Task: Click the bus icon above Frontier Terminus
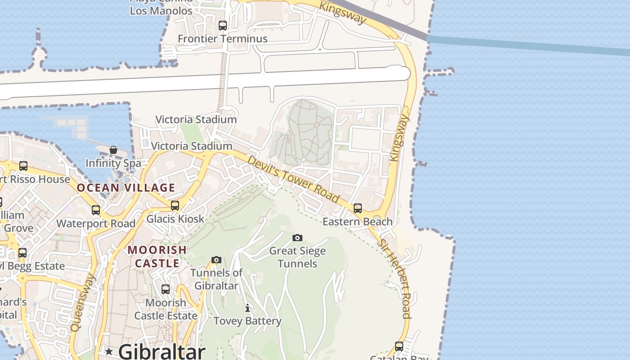pyautogui.click(x=222, y=26)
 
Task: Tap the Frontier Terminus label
pyautogui.click(x=222, y=39)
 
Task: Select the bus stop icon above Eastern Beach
pyautogui.click(x=358, y=208)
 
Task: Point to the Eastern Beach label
pyautogui.click(x=358, y=221)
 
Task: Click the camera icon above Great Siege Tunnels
pyautogui.click(x=297, y=238)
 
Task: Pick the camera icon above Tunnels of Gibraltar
pyautogui.click(x=216, y=260)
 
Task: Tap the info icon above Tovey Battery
pyautogui.click(x=247, y=308)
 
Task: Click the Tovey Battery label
pyautogui.click(x=247, y=321)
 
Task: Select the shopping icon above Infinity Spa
pyautogui.click(x=113, y=150)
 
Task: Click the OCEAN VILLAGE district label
pyautogui.click(x=126, y=188)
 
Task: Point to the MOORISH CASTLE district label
pyautogui.click(x=157, y=256)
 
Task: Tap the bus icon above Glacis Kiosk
pyautogui.click(x=175, y=206)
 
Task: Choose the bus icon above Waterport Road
pyautogui.click(x=95, y=210)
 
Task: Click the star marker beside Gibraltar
pyautogui.click(x=109, y=351)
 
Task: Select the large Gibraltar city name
pyautogui.click(x=162, y=351)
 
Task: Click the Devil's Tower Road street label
pyautogui.click(x=293, y=179)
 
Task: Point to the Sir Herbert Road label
pyautogui.click(x=395, y=279)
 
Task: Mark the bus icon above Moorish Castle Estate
pyautogui.click(x=166, y=289)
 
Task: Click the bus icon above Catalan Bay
pyautogui.click(x=399, y=346)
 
